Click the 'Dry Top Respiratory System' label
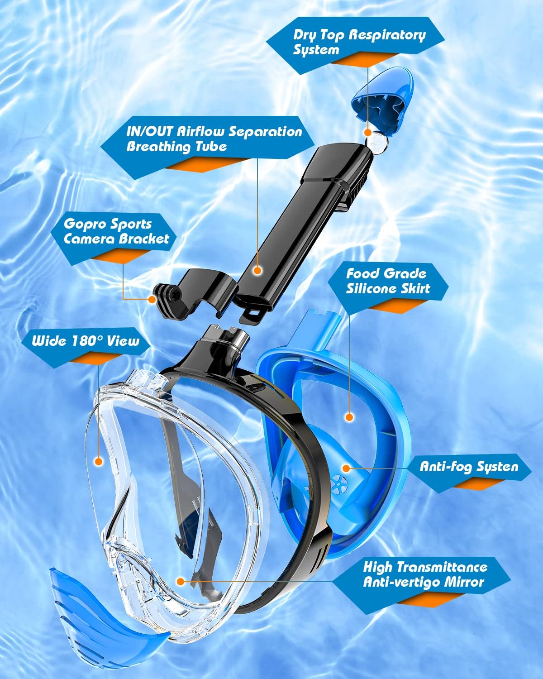pyautogui.click(x=359, y=42)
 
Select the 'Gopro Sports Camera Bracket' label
pyautogui.click(x=116, y=231)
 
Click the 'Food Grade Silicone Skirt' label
pyautogui.click(x=388, y=281)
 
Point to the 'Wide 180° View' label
pyautogui.click(x=85, y=340)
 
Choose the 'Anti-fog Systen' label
pyautogui.click(x=469, y=466)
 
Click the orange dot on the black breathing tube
pyautogui.click(x=257, y=271)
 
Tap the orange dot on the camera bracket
pyautogui.click(x=152, y=299)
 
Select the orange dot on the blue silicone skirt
pyautogui.click(x=348, y=416)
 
